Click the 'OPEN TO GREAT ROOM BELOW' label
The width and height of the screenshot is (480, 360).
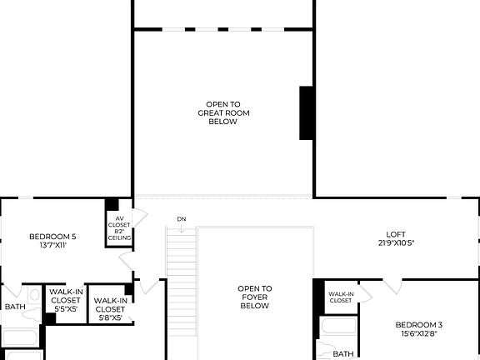coord(223,112)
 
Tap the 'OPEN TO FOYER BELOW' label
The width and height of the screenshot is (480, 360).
coord(255,297)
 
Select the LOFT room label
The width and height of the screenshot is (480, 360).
coord(395,234)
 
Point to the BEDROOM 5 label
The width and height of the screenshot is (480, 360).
coord(52,235)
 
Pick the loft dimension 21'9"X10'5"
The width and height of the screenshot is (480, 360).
coord(395,243)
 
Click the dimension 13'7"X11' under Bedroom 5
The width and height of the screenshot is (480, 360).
coord(52,244)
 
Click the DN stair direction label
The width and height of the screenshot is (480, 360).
coord(181,219)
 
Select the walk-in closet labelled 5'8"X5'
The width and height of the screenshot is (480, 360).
coord(110,308)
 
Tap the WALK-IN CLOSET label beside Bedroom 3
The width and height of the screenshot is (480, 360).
coord(340,297)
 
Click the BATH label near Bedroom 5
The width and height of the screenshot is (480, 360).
coord(16,307)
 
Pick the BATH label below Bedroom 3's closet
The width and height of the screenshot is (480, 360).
coord(343,354)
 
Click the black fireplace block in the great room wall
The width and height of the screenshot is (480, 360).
coord(306,112)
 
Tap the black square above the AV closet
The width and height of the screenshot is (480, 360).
coord(112,205)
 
